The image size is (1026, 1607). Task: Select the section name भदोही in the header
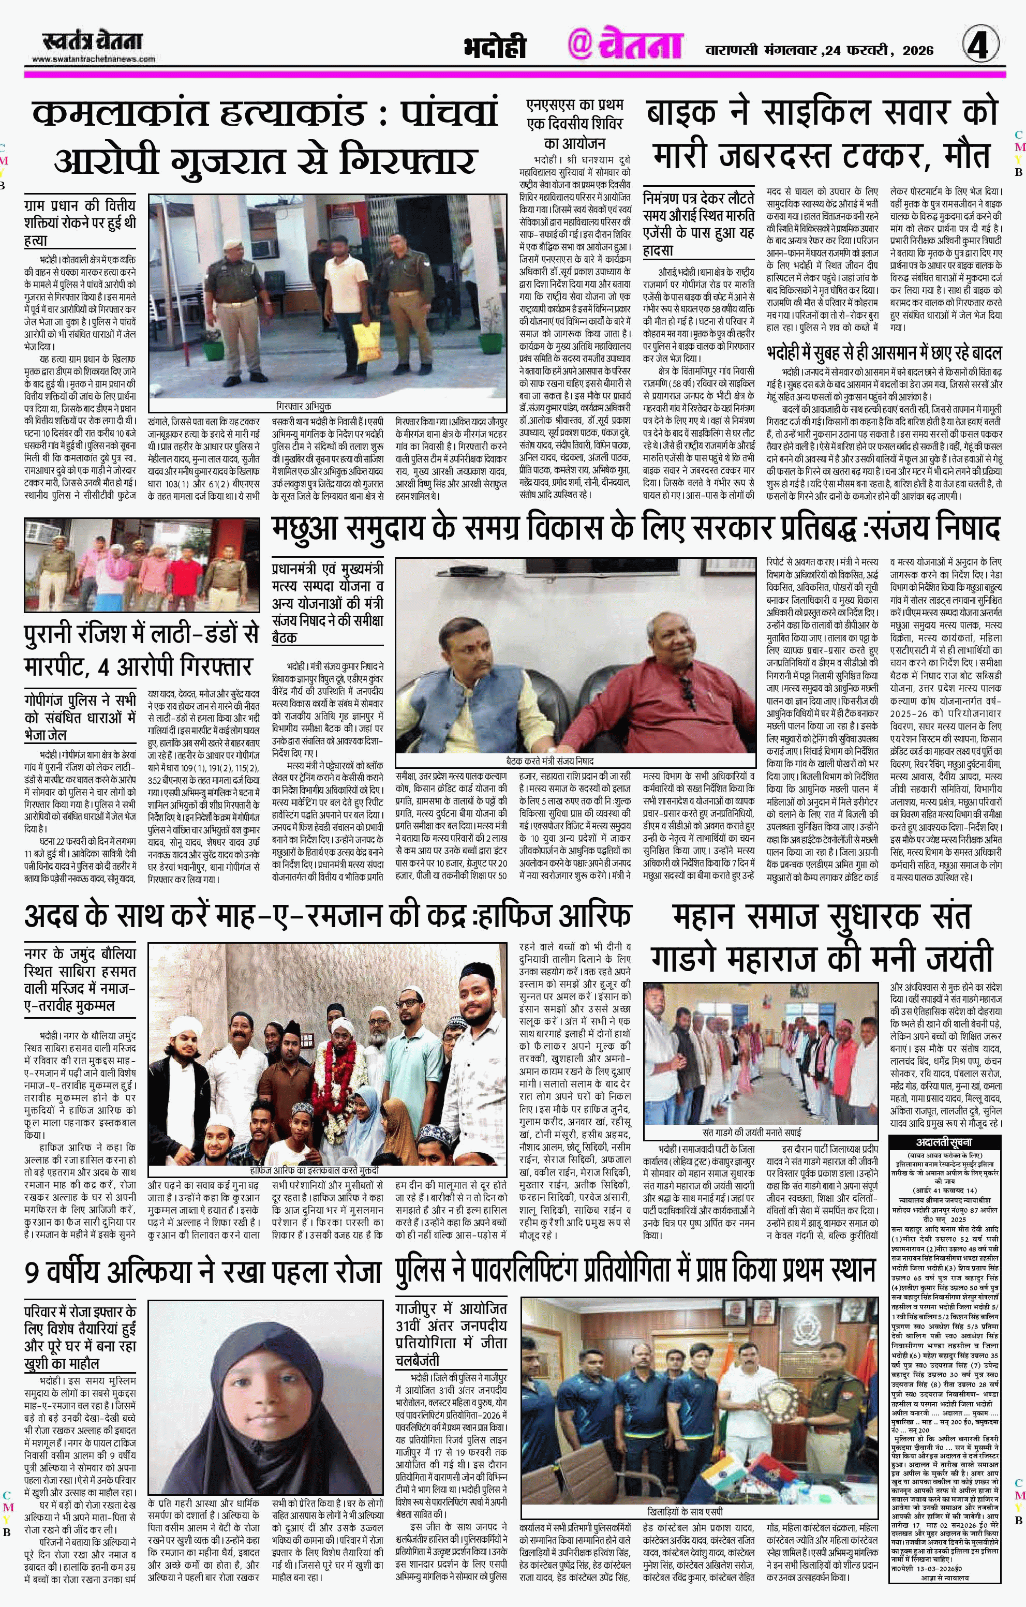pyautogui.click(x=495, y=48)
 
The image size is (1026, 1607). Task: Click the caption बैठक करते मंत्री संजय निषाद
pyautogui.click(x=549, y=760)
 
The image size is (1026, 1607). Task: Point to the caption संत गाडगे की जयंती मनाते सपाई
pyautogui.click(x=752, y=1133)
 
